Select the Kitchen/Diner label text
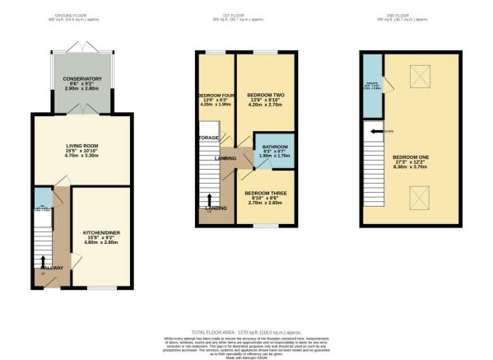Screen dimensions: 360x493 (x=102, y=233)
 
